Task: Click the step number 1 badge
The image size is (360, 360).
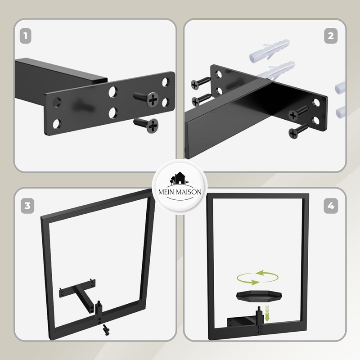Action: tap(26, 36)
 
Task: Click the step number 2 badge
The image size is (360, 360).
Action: tap(331, 36)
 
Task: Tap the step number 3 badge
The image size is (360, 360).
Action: tap(27, 206)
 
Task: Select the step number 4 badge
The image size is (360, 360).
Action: tap(331, 206)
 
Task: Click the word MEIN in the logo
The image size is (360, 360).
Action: tap(166, 192)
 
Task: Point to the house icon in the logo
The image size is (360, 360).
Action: tap(179, 178)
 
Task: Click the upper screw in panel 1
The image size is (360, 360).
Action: tap(146, 99)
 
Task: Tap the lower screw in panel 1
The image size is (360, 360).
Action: tap(146, 125)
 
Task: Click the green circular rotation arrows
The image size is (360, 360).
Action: tap(257, 278)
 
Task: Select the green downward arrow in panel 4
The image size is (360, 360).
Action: tap(267, 314)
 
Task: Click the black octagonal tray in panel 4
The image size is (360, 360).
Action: tap(259, 296)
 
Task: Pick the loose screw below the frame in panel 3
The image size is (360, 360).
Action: tap(106, 330)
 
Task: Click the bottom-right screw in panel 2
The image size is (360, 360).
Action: tap(298, 131)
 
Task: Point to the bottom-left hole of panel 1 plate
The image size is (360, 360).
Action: tap(57, 124)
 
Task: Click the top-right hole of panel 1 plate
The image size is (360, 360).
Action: tap(166, 82)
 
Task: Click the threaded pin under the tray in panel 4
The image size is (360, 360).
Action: tap(260, 310)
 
